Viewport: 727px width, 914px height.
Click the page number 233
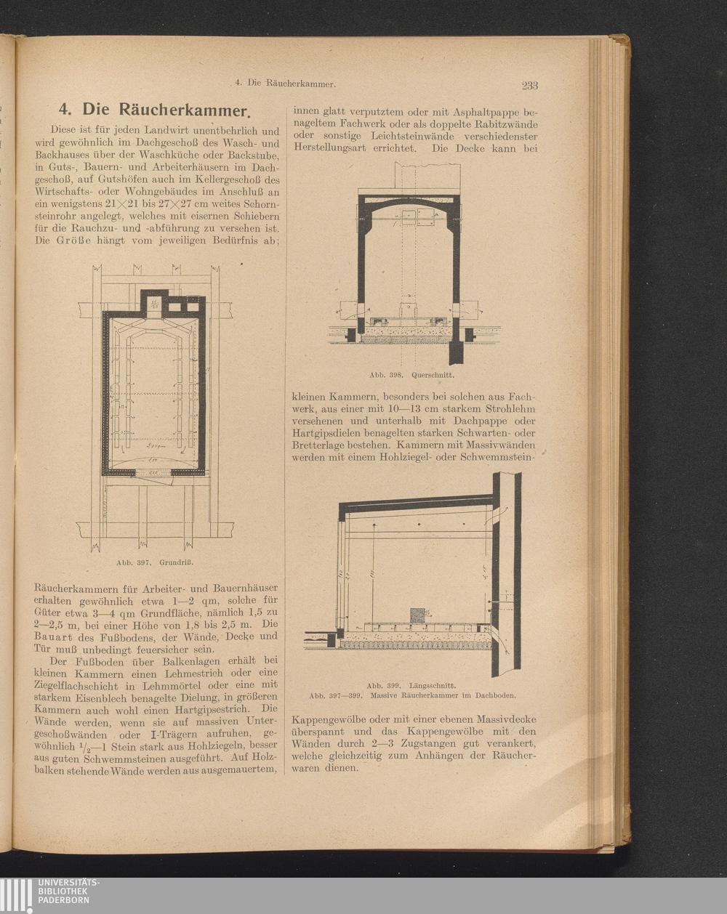click(530, 85)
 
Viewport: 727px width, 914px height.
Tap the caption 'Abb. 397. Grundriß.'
click(155, 562)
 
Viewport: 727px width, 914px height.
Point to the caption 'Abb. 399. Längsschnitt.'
click(411, 686)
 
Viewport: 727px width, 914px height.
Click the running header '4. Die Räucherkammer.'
click(286, 84)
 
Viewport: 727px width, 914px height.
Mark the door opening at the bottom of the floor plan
click(153, 472)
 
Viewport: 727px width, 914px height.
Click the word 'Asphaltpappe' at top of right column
click(486, 113)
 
